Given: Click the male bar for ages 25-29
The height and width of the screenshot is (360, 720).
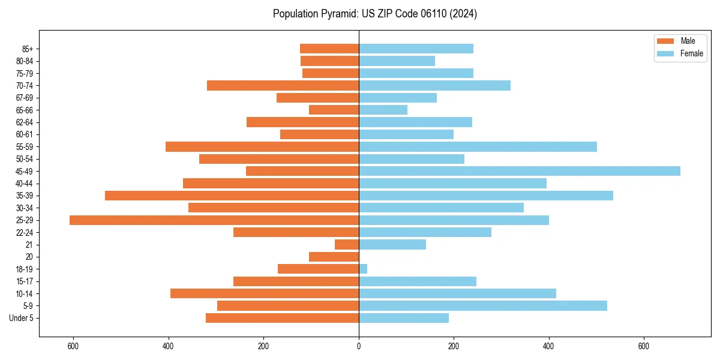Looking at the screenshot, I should point(214,220).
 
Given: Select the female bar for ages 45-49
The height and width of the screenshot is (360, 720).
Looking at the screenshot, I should point(520,171).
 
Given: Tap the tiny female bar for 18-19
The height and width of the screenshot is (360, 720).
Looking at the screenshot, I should point(363,269).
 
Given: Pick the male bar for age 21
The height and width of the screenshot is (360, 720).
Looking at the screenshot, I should point(347,244).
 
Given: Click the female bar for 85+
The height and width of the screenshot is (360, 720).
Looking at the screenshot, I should point(416,49).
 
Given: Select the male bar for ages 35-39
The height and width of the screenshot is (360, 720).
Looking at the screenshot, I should point(232,196).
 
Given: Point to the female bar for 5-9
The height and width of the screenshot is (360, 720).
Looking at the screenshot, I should point(483,305).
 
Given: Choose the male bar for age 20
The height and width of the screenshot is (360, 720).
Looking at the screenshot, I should point(334,257).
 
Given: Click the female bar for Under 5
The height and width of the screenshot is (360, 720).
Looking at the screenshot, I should point(404,318).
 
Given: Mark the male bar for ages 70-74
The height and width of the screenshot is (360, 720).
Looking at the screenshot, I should point(283,85).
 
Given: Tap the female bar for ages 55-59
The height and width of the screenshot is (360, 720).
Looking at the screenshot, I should point(478,146).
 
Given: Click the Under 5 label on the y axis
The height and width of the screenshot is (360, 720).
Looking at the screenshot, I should point(22,318).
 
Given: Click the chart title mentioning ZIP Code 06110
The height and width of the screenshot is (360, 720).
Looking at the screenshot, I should point(375,14).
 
